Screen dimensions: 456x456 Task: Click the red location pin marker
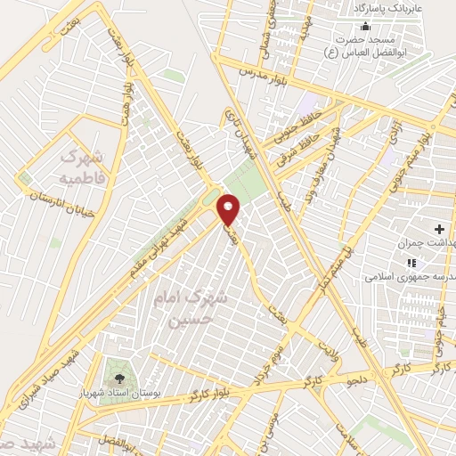coord(229,208)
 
